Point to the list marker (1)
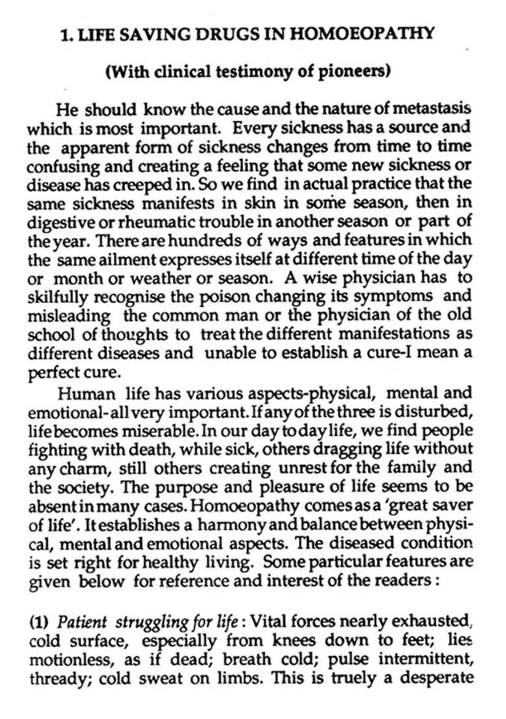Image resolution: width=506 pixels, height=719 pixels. point(40,621)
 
